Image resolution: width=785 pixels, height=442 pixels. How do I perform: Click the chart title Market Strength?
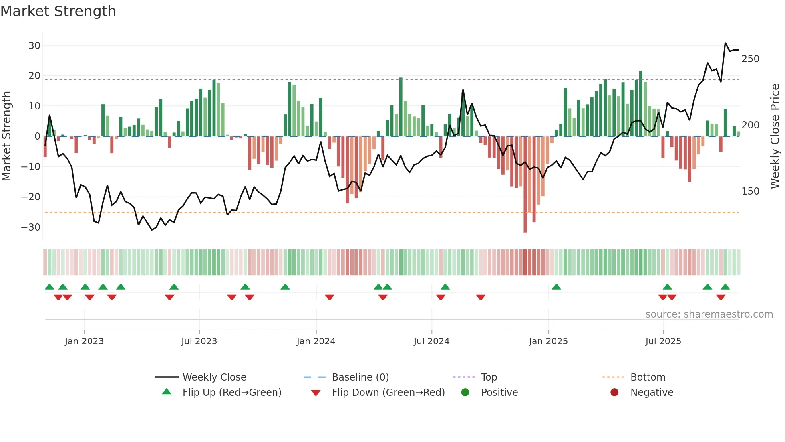(58, 11)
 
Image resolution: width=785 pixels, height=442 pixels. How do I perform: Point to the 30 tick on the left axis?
(34, 46)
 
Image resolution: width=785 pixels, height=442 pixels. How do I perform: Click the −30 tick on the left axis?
(31, 227)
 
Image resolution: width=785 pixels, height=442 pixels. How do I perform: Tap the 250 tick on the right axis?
(750, 59)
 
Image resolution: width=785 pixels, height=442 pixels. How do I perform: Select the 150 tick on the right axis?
(750, 191)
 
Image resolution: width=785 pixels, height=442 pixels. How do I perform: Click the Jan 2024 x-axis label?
(316, 341)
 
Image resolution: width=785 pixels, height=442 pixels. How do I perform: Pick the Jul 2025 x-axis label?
(663, 341)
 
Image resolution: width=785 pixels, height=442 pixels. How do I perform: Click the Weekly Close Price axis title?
(775, 136)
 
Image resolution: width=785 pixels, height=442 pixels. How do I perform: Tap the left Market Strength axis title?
(6, 136)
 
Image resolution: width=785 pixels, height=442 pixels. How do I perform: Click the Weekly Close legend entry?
(214, 377)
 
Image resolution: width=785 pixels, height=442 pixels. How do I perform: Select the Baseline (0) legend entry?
(360, 377)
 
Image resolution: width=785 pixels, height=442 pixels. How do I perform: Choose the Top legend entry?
(489, 377)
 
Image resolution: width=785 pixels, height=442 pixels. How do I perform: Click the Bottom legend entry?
(648, 377)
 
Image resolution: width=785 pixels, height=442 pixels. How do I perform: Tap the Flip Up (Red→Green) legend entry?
(232, 393)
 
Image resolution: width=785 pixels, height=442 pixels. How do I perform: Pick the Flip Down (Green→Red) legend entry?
(388, 393)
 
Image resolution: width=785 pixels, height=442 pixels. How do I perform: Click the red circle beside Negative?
(614, 393)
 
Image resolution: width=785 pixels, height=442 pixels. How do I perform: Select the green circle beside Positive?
(465, 393)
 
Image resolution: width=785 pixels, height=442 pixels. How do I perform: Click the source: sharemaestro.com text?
(709, 314)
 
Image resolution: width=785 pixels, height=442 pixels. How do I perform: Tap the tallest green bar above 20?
(641, 104)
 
